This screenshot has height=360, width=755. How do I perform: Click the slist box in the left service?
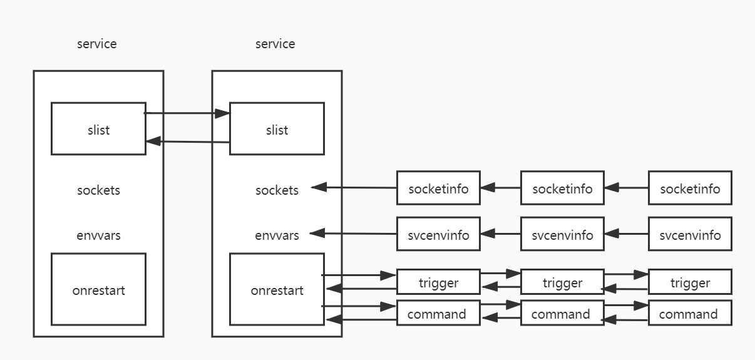[x=98, y=129]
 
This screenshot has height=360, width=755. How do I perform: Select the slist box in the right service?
[x=277, y=129]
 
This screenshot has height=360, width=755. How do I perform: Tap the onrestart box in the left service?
[x=98, y=289]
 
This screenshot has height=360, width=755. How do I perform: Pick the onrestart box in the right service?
[x=277, y=289]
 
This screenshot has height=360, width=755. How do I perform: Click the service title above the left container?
[x=96, y=44]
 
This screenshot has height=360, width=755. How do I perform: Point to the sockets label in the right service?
[x=277, y=190]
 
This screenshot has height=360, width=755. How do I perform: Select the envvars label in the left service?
[x=98, y=235]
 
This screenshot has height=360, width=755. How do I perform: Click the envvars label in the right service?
[x=277, y=235]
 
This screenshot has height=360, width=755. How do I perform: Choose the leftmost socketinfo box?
[x=438, y=188]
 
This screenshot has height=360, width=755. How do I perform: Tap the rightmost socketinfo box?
[x=690, y=188]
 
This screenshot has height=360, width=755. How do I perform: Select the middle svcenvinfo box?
[x=562, y=235]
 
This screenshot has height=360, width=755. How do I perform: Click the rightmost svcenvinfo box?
[x=690, y=235]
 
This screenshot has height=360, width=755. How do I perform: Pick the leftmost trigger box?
[x=438, y=282]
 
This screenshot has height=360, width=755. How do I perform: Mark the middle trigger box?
[x=562, y=282]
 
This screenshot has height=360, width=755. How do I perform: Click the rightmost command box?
[x=690, y=314]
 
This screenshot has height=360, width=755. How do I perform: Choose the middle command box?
[x=562, y=314]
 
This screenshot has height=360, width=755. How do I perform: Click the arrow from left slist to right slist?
[x=187, y=113]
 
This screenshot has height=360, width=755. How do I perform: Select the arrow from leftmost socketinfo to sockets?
[x=354, y=187]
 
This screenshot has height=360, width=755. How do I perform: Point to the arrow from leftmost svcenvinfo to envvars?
[x=354, y=234]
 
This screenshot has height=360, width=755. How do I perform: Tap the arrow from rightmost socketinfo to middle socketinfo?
[x=626, y=187]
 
